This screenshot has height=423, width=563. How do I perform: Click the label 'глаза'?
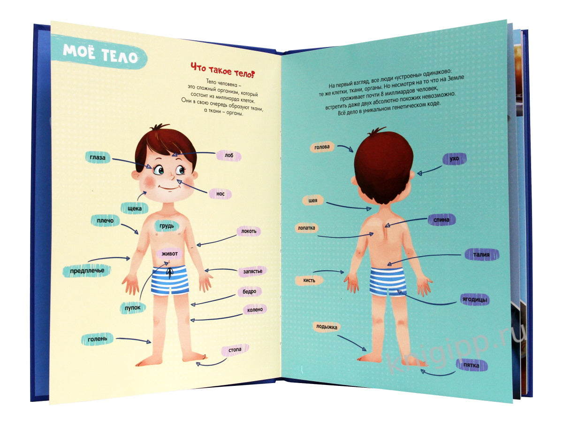click(98, 157)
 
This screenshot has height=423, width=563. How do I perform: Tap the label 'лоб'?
click(229, 156)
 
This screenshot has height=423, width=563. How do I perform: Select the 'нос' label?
click(221, 194)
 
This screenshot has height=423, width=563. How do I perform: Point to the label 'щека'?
click(135, 208)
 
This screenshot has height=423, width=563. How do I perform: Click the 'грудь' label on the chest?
click(167, 226)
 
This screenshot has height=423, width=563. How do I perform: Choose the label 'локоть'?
click(249, 231)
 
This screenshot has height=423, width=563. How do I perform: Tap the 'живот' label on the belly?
click(169, 253)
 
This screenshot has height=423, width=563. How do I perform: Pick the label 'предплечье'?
click(87, 270)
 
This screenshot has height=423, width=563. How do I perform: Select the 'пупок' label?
click(133, 307)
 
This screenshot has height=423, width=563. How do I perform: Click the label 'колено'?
click(255, 310)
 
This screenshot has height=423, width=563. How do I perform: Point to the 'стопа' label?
click(235, 350)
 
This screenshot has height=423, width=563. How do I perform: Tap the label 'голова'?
click(322, 147)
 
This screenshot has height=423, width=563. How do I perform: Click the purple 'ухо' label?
click(454, 158)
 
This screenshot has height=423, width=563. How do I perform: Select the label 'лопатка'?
click(306, 227)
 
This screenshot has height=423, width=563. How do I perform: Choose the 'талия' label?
click(481, 255)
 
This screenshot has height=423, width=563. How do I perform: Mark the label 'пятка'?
click(471, 365)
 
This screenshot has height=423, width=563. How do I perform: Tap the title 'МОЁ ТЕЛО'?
click(100, 54)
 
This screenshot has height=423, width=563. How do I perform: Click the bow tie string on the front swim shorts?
click(169, 273)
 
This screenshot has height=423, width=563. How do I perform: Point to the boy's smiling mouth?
click(168, 187)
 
